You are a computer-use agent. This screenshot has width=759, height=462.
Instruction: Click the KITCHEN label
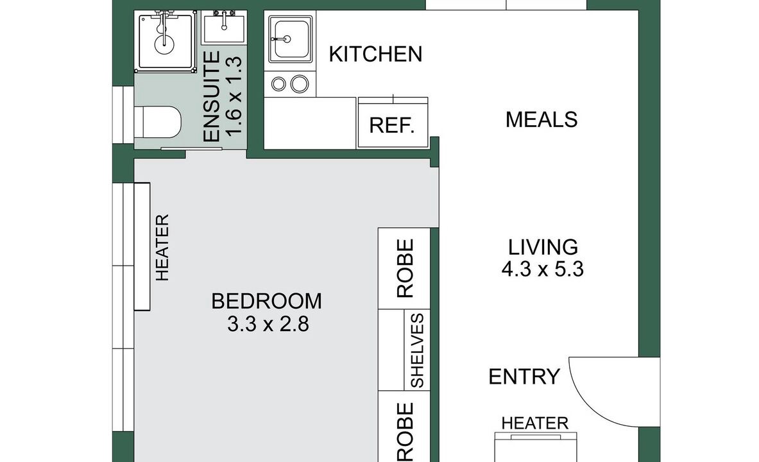point(375,55)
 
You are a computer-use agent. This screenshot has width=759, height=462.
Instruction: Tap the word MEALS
point(541,119)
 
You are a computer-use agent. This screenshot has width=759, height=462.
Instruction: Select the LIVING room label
point(543,247)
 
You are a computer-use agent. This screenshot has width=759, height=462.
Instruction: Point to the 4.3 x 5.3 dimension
point(542,269)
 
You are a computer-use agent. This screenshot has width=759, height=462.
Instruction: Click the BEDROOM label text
point(267,301)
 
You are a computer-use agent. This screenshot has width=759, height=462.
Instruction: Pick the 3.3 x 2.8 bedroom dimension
point(268,324)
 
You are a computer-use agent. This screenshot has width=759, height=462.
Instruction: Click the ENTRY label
point(524,377)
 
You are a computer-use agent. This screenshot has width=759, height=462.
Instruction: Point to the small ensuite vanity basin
point(224,29)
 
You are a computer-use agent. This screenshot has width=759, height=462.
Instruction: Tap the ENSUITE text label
point(212,97)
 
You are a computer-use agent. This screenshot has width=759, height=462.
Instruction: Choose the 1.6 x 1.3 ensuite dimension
point(234,96)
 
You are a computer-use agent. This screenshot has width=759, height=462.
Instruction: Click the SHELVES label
point(417,350)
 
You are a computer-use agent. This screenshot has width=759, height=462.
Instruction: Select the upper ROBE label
point(405,268)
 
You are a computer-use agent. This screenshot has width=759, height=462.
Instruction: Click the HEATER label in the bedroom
point(162,248)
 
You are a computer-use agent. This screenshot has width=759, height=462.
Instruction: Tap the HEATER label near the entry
point(535,424)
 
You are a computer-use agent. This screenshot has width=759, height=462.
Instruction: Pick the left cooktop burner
point(278,84)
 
